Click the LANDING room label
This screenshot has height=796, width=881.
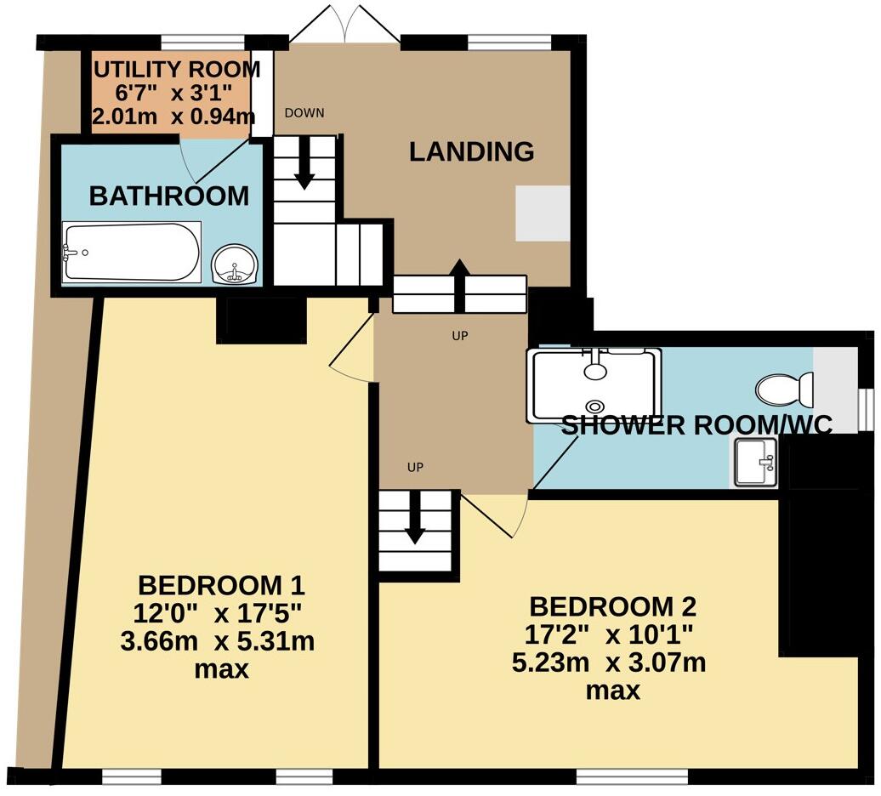click(x=471, y=152)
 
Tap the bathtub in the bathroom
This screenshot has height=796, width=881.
click(x=132, y=252)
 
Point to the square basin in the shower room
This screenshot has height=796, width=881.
click(x=754, y=463)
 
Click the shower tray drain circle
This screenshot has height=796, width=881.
click(x=594, y=407)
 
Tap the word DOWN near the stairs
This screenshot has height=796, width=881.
click(x=304, y=113)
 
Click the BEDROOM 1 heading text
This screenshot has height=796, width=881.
click(x=221, y=585)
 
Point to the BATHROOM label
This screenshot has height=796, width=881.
click(x=169, y=196)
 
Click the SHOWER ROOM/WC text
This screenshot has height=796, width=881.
click(x=696, y=425)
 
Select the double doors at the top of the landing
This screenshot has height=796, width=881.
click(x=338, y=24)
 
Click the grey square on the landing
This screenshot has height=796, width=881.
click(x=542, y=213)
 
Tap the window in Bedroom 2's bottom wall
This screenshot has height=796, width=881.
click(x=632, y=776)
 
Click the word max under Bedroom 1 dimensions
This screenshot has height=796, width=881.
click(x=221, y=669)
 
